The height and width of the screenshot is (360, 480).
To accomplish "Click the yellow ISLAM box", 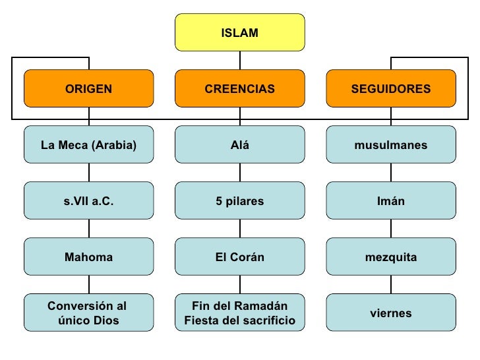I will (x=239, y=32).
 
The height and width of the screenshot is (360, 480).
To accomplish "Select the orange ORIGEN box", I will (x=88, y=88).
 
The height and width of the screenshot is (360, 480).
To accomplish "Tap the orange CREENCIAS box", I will (x=239, y=88).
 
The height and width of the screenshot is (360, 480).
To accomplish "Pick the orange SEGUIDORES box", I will (x=390, y=88).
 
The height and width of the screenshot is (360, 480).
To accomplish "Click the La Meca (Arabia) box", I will (x=88, y=145).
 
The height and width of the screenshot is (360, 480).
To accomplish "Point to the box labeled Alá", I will (x=239, y=145).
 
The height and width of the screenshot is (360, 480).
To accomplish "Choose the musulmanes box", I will (x=390, y=145).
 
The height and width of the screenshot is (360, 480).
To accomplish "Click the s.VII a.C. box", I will (x=88, y=201).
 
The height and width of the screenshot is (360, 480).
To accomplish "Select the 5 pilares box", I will (x=239, y=201).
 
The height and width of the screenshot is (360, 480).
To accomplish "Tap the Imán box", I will (x=390, y=201).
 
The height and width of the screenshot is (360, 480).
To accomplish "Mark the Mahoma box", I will (x=88, y=257).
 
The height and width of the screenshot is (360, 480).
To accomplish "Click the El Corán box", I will (x=239, y=257).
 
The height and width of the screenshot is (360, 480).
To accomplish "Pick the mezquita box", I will (x=390, y=257).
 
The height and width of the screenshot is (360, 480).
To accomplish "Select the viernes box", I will (x=390, y=313).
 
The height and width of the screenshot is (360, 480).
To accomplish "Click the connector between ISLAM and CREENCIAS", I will (x=240, y=61).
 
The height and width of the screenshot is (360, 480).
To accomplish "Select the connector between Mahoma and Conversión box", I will (x=89, y=285).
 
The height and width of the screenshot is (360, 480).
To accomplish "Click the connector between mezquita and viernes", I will (x=391, y=285).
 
